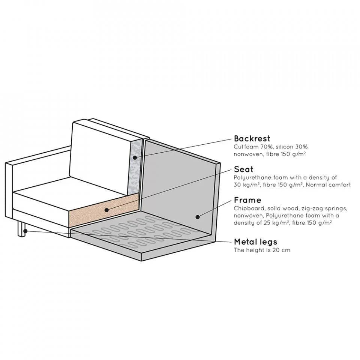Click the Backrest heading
point(252,138)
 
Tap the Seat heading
point(243,169)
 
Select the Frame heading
point(247,200)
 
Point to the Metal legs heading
point(255,241)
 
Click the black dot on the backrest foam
point(135,157)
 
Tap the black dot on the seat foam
point(106,210)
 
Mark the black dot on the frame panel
point(198,216)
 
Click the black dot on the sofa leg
point(25,231)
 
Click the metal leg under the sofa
point(22,228)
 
